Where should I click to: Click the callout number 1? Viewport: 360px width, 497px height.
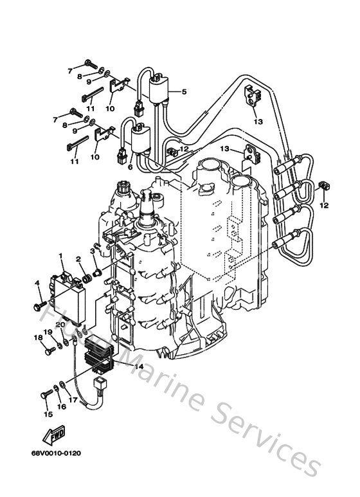click(x=62, y=257)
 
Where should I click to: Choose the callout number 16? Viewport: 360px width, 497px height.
click(x=62, y=407)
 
